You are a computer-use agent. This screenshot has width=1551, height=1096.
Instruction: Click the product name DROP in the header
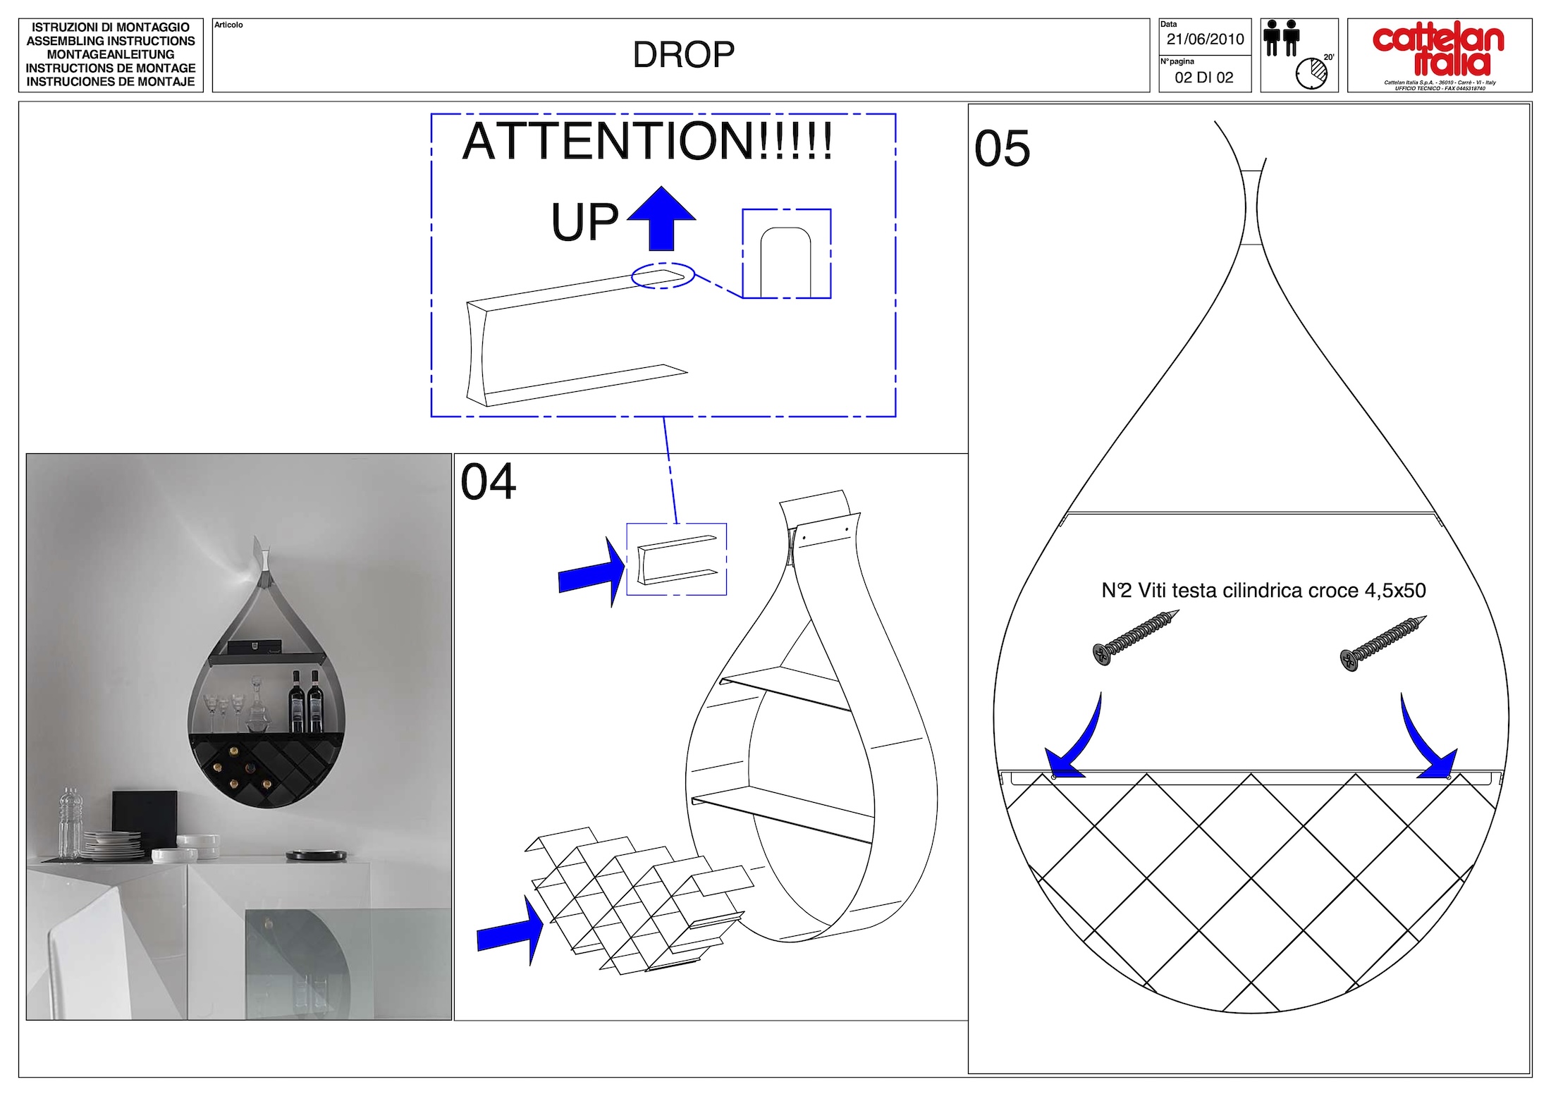point(683,55)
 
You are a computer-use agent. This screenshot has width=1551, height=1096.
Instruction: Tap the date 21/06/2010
point(1205,39)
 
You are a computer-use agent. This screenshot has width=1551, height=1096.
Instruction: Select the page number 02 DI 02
point(1204,78)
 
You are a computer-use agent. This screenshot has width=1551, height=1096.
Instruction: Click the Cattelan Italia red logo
point(1438,51)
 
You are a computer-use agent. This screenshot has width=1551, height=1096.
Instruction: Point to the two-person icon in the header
point(1281,37)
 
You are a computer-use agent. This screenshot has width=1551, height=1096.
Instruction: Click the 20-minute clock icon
point(1311,73)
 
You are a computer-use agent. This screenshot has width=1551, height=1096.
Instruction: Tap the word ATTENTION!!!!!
point(647,141)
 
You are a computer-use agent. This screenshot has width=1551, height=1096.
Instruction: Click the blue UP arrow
point(661,218)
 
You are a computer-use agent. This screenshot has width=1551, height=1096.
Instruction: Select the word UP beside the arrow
point(584,222)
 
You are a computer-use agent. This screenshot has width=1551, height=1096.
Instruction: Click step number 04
point(488,482)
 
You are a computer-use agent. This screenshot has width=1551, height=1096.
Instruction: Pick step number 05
point(1002,149)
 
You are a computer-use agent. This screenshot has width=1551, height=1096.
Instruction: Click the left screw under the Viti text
point(1135,637)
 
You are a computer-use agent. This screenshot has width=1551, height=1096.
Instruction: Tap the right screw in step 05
point(1383,644)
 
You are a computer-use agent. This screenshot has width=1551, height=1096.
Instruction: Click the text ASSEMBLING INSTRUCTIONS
point(111,41)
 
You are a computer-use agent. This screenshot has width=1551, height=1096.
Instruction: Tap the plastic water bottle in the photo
point(70,823)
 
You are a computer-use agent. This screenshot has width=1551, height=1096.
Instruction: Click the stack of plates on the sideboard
point(113,845)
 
